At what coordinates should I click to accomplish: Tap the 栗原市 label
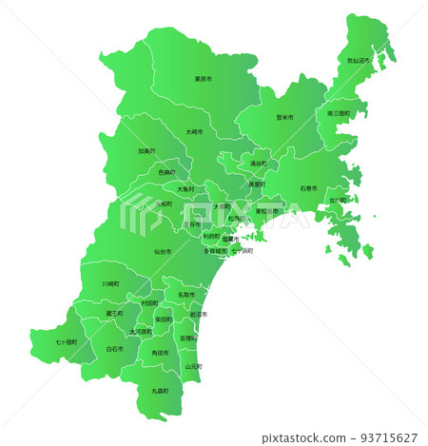tap(203, 79)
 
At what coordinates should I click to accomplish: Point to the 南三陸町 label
tap(339, 113)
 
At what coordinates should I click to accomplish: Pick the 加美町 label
tap(146, 150)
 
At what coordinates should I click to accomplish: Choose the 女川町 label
tap(339, 200)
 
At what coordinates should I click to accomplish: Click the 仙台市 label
tap(163, 252)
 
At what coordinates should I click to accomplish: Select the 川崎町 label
tap(111, 283)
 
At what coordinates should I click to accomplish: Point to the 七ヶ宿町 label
tap(67, 340)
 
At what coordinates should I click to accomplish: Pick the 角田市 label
tap(160, 353)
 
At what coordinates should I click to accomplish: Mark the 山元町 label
tap(194, 365)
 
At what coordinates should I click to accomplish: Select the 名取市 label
tap(186, 296)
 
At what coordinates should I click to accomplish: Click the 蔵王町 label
tap(114, 313)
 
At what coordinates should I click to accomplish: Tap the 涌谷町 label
tap(259, 164)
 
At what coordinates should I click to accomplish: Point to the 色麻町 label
tap(166, 173)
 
